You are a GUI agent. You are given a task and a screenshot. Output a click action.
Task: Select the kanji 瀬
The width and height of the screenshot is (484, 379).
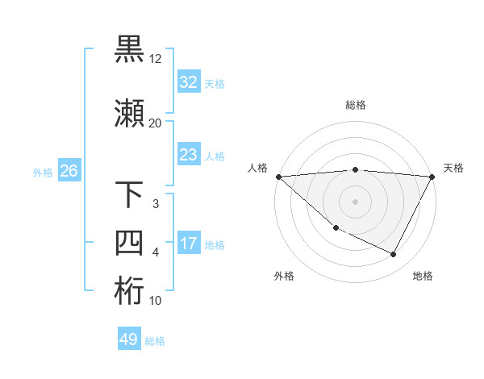tap(129, 114)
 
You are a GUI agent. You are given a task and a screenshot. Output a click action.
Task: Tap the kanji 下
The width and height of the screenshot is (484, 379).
tap(129, 196)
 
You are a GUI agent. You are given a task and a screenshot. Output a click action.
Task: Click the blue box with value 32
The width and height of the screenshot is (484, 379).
tap(188, 82)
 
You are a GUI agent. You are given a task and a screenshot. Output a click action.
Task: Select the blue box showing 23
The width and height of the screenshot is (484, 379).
tap(188, 155)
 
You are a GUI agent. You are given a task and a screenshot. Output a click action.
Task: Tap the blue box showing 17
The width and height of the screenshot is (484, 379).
tap(188, 244)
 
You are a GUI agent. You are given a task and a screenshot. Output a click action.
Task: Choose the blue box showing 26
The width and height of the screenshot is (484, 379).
tap(69, 171)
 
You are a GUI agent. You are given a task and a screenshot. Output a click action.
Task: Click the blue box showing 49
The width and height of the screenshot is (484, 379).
tap(129, 339)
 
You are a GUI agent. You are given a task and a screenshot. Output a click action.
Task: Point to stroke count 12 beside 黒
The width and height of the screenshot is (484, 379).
tap(156, 59)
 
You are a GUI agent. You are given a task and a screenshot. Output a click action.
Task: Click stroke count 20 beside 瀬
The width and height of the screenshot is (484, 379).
tap(156, 123)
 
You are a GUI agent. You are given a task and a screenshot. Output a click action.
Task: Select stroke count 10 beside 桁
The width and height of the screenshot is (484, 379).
tap(156, 301)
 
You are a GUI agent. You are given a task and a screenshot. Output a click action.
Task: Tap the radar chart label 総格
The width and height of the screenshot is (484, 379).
tap(356, 105)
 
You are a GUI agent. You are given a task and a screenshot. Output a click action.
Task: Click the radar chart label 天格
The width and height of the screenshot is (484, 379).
tap(454, 168)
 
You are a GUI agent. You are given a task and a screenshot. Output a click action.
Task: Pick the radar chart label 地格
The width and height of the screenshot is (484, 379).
tap(423, 276)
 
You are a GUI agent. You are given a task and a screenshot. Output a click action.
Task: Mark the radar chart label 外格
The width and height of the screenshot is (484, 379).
tap(284, 276)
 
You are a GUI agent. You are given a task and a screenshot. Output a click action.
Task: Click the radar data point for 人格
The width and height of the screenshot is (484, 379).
tap(278, 177)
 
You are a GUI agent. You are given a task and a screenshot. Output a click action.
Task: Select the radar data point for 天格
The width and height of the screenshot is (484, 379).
tap(432, 177)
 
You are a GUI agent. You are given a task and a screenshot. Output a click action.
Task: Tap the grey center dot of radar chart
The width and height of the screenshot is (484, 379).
tap(356, 201)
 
